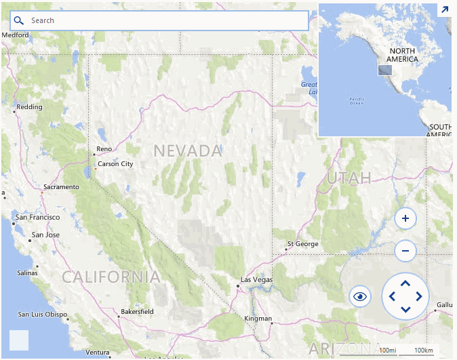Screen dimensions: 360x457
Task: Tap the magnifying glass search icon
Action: [x=19, y=20]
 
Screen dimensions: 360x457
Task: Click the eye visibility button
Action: [x=359, y=296]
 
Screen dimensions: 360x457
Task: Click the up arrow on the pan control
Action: [x=405, y=283]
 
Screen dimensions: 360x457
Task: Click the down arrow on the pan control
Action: [x=405, y=309]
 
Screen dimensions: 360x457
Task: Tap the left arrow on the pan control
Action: [x=393, y=296]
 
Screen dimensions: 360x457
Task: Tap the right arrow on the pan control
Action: [x=418, y=296]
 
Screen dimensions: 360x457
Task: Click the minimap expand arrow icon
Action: [x=445, y=9]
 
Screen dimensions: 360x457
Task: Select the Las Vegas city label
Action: [x=257, y=280]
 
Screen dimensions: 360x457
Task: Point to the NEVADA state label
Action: [x=188, y=151]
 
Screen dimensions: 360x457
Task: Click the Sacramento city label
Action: [x=61, y=187]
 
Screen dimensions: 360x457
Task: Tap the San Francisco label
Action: [x=38, y=218]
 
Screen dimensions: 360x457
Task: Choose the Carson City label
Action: [x=115, y=164]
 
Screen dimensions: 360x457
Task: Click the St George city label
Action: [x=302, y=243]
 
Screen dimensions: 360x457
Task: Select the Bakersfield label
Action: [x=137, y=312]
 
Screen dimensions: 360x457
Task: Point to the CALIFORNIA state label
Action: [x=111, y=277]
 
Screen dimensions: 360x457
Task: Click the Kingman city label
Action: [x=258, y=319]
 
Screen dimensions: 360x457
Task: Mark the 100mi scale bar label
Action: [x=388, y=350]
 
